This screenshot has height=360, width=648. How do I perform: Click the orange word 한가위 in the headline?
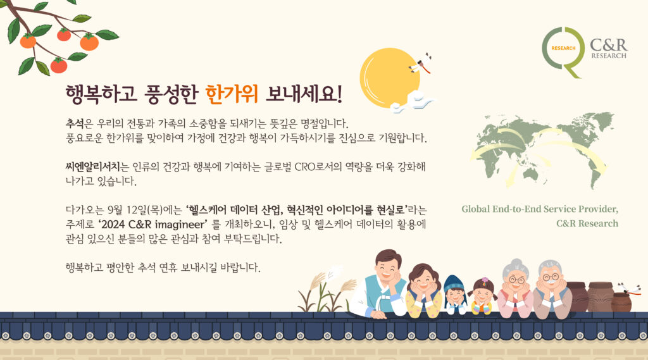pyautogui.click(x=232, y=94)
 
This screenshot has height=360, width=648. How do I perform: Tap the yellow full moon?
pyautogui.click(x=389, y=78)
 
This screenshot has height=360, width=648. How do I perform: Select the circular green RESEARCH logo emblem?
pyautogui.click(x=563, y=52)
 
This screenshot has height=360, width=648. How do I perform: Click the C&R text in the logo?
pyautogui.click(x=608, y=44)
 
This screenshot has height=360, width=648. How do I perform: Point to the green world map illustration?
pyautogui.click(x=542, y=149)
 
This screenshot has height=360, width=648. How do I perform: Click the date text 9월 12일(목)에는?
pyautogui.click(x=145, y=210)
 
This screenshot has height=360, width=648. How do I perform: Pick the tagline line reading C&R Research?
pyautogui.click(x=587, y=223)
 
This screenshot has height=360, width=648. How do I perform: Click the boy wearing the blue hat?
pyautogui.click(x=455, y=294)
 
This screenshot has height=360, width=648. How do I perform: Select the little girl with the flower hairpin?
pyautogui.click(x=482, y=296)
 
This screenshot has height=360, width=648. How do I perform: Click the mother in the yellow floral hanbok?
pyautogui.click(x=423, y=292)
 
